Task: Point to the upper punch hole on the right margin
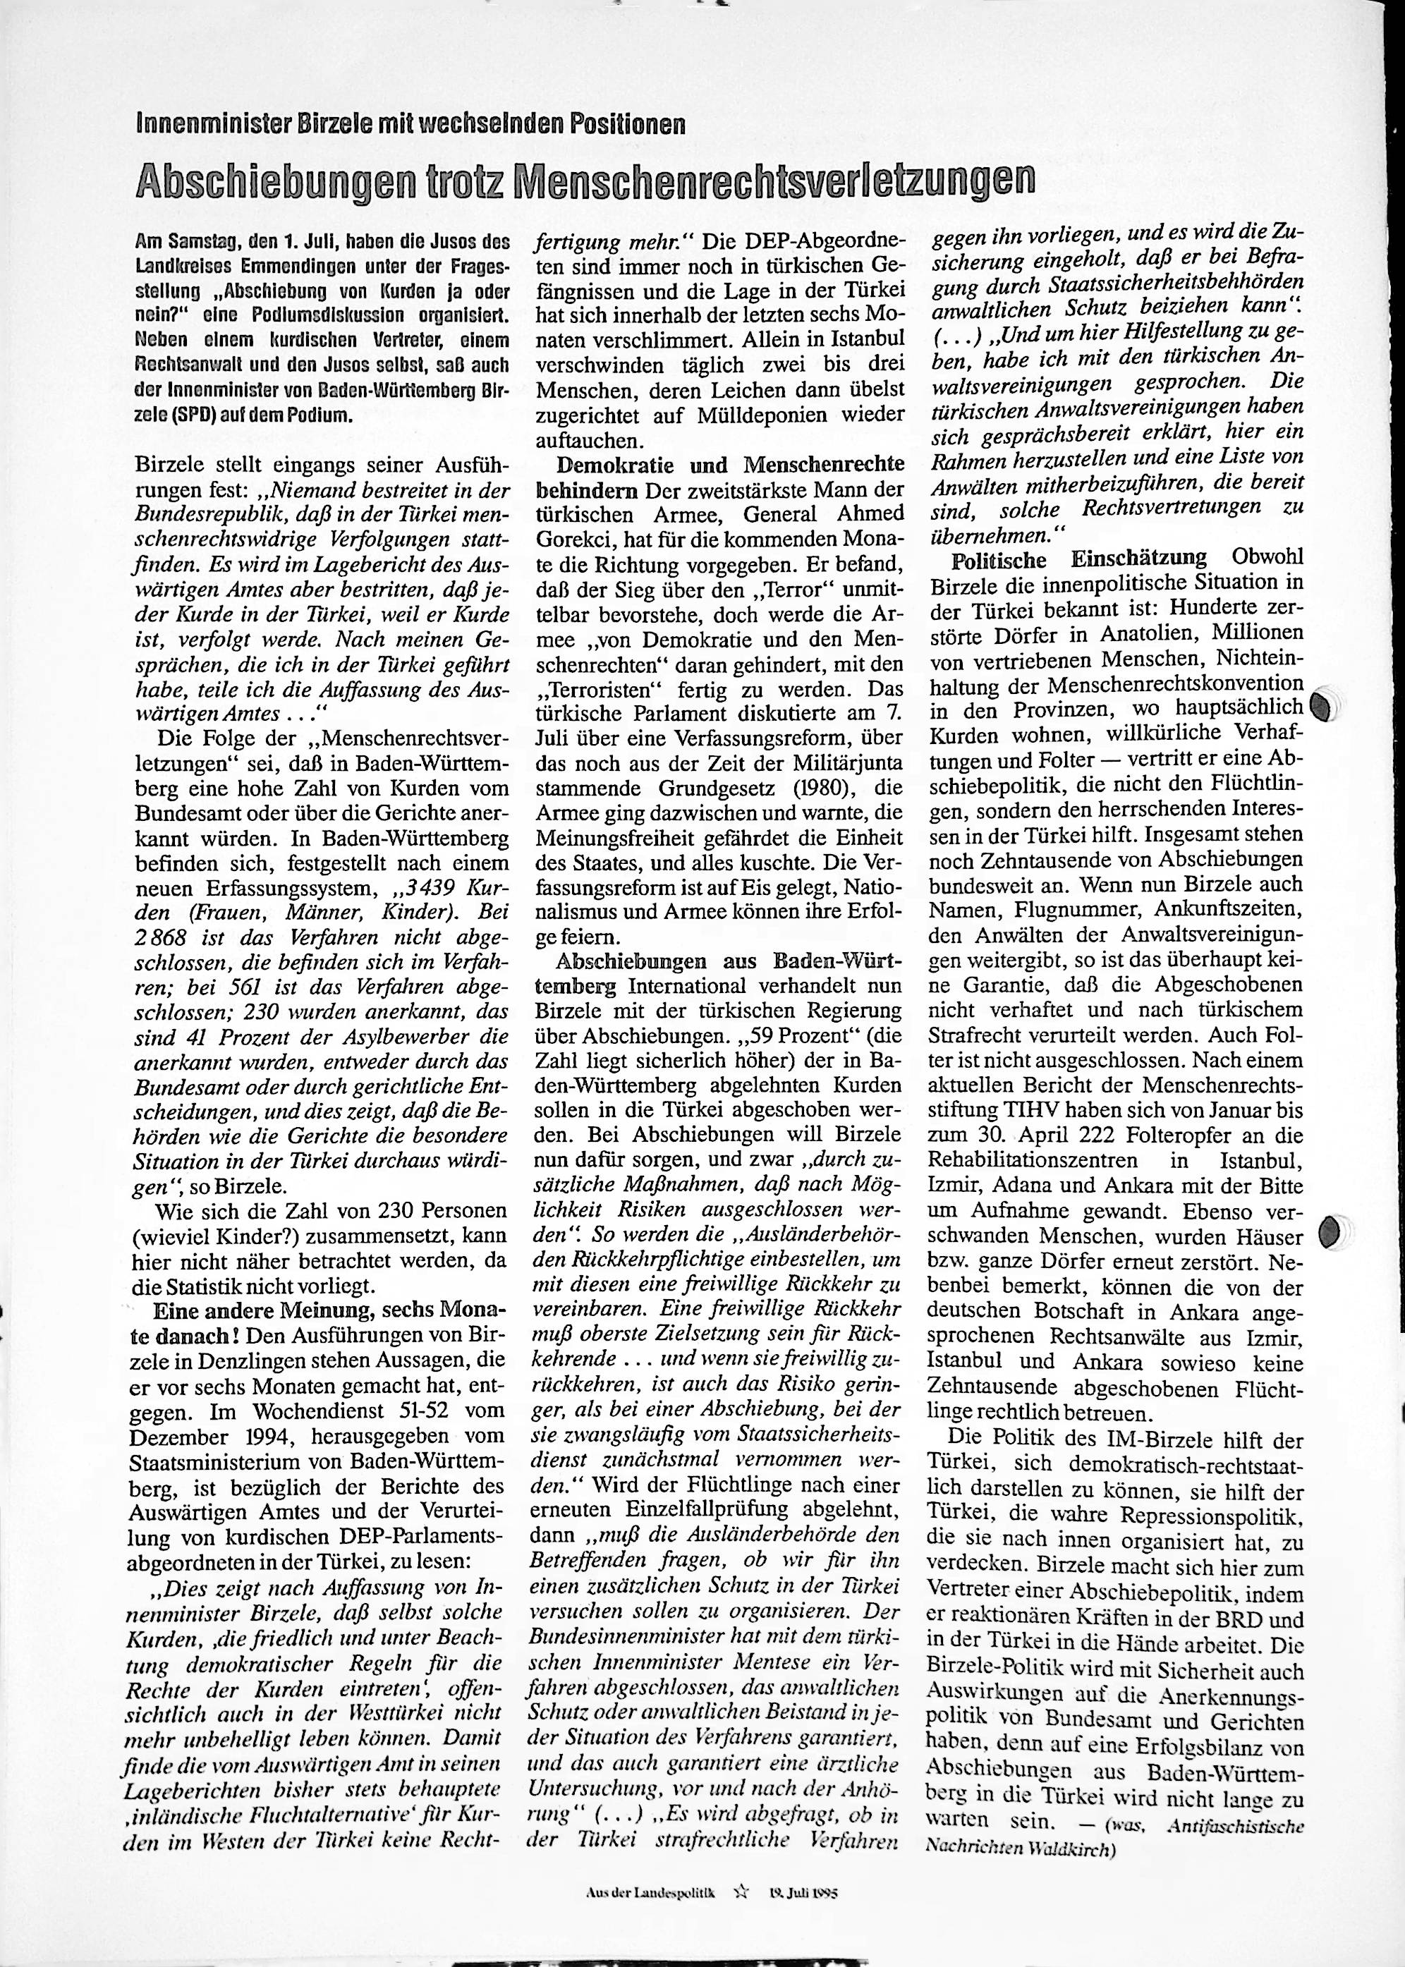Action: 1321,706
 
